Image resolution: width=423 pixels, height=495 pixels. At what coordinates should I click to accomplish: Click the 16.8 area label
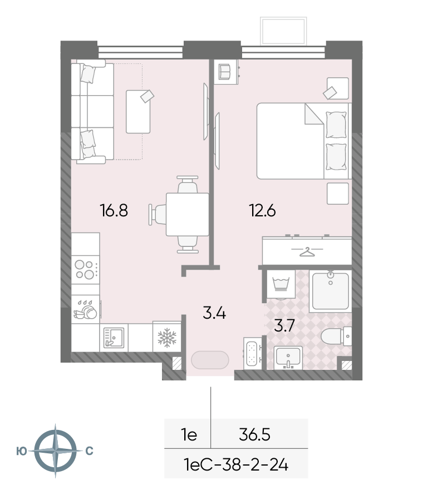point(114,210)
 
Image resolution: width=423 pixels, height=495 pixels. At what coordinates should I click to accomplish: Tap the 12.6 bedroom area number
point(263,210)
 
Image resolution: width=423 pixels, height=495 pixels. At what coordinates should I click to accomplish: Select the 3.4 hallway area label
point(214,313)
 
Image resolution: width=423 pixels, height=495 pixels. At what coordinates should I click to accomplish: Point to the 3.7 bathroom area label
point(284,325)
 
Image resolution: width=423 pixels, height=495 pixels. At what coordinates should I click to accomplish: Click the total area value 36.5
point(254,435)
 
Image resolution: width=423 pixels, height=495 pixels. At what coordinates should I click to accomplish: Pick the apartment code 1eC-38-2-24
point(235,465)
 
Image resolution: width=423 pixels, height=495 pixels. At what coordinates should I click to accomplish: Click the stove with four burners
point(85,270)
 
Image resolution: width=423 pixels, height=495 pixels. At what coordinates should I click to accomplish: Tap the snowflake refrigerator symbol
point(167,337)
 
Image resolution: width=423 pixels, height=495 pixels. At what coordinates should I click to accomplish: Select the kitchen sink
point(114,338)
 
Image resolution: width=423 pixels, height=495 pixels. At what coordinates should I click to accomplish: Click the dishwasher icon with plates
point(85,309)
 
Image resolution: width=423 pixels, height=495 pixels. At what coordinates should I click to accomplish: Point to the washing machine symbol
point(281,284)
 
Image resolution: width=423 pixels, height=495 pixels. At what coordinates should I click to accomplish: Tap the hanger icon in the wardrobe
point(307,252)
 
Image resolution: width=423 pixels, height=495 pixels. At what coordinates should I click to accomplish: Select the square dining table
point(188,214)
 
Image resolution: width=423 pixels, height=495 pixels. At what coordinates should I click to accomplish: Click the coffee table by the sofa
point(138,111)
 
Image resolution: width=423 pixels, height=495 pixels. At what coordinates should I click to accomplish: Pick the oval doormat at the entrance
point(210,359)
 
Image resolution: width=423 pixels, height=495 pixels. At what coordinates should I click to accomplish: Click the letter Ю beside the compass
point(21,452)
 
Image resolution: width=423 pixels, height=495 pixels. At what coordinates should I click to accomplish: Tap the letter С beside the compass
point(90,451)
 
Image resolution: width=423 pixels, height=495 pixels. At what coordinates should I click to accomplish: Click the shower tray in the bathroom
point(331,291)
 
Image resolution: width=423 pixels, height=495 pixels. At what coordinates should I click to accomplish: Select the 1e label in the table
point(189,435)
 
